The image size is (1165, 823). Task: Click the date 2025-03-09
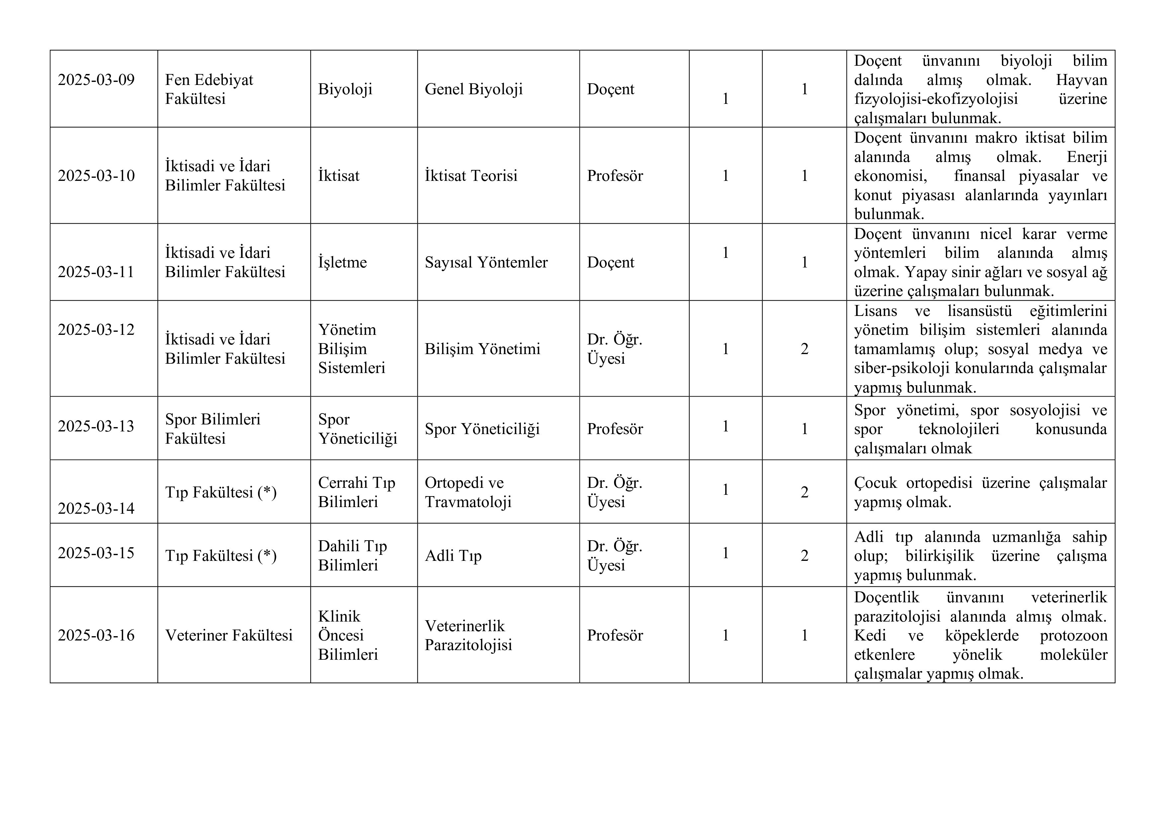coord(96,80)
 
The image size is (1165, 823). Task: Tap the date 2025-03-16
coord(96,636)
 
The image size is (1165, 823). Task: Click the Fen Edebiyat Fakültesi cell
coord(209,89)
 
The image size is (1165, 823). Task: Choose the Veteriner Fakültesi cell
coord(229,636)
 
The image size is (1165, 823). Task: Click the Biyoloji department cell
coord(345,89)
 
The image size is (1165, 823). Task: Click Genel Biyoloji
coord(474,89)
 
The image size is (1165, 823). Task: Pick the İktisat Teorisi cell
coord(471,176)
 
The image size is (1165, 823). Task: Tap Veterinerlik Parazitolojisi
coord(468,636)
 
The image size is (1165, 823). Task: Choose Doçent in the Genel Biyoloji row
coord(610,89)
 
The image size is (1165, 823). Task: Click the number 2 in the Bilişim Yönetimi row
coord(804,349)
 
